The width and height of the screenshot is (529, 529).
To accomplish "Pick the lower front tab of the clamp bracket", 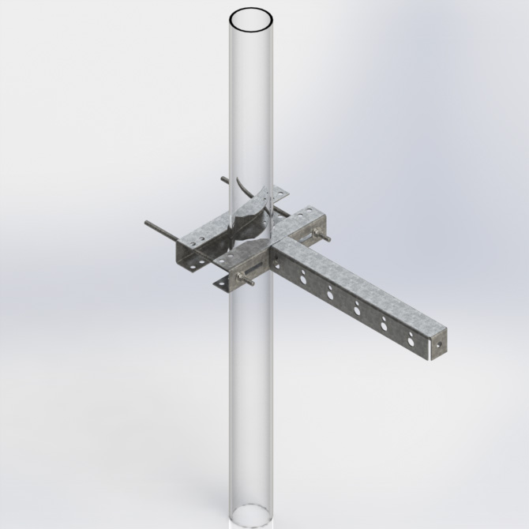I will point(223,280).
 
